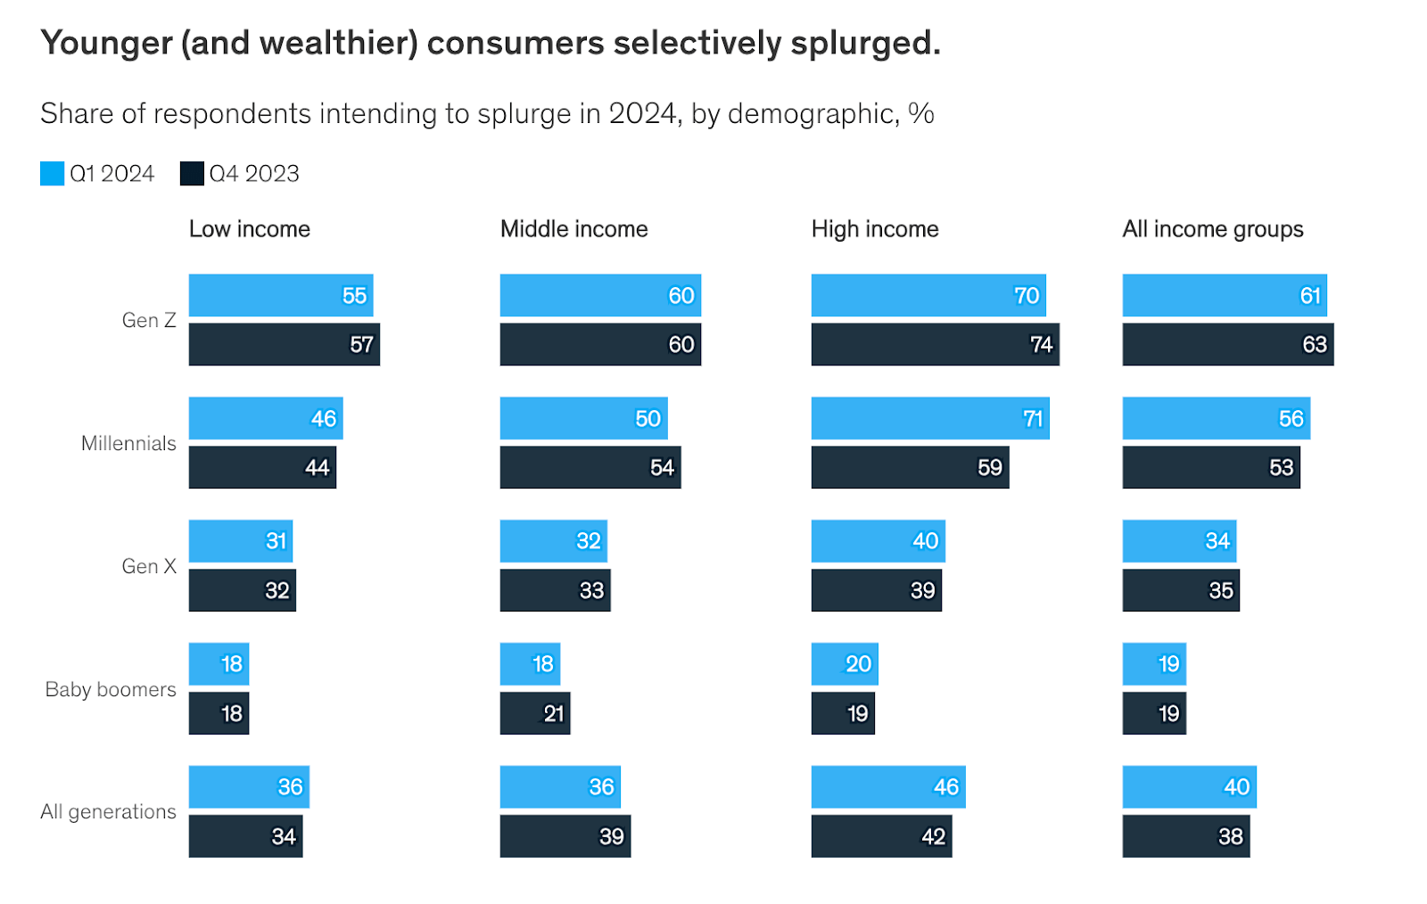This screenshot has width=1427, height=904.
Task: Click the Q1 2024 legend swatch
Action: pos(53,173)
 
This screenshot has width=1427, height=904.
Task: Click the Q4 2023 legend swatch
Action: pos(192,173)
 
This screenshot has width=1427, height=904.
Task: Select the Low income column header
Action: pos(250,229)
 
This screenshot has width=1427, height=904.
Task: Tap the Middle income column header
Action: pos(573,229)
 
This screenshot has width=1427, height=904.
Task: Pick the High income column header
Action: pos(875,229)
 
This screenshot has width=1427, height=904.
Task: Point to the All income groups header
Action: pos(1212,229)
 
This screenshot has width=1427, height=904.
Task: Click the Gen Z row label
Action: pos(149,320)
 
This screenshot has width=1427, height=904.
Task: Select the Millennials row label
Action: pos(128,443)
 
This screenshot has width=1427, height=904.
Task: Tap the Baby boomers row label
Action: pos(111,689)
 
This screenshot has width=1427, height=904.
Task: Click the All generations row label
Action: pos(108,811)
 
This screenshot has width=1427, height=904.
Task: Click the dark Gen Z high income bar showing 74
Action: pos(935,344)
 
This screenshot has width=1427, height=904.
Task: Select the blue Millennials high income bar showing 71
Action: pos(929,418)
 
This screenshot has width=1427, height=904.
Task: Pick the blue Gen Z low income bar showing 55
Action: pos(280,295)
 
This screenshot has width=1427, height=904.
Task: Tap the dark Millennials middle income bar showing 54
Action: pos(590,467)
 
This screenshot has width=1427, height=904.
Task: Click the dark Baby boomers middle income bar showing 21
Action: pos(534,713)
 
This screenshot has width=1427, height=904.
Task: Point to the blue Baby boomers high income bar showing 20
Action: pos(844,663)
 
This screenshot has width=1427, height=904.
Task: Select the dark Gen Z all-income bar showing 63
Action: pos(1227,344)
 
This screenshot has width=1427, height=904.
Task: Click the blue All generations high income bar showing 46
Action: pos(887,786)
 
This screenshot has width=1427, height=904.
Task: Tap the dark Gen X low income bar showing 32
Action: pos(242,590)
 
